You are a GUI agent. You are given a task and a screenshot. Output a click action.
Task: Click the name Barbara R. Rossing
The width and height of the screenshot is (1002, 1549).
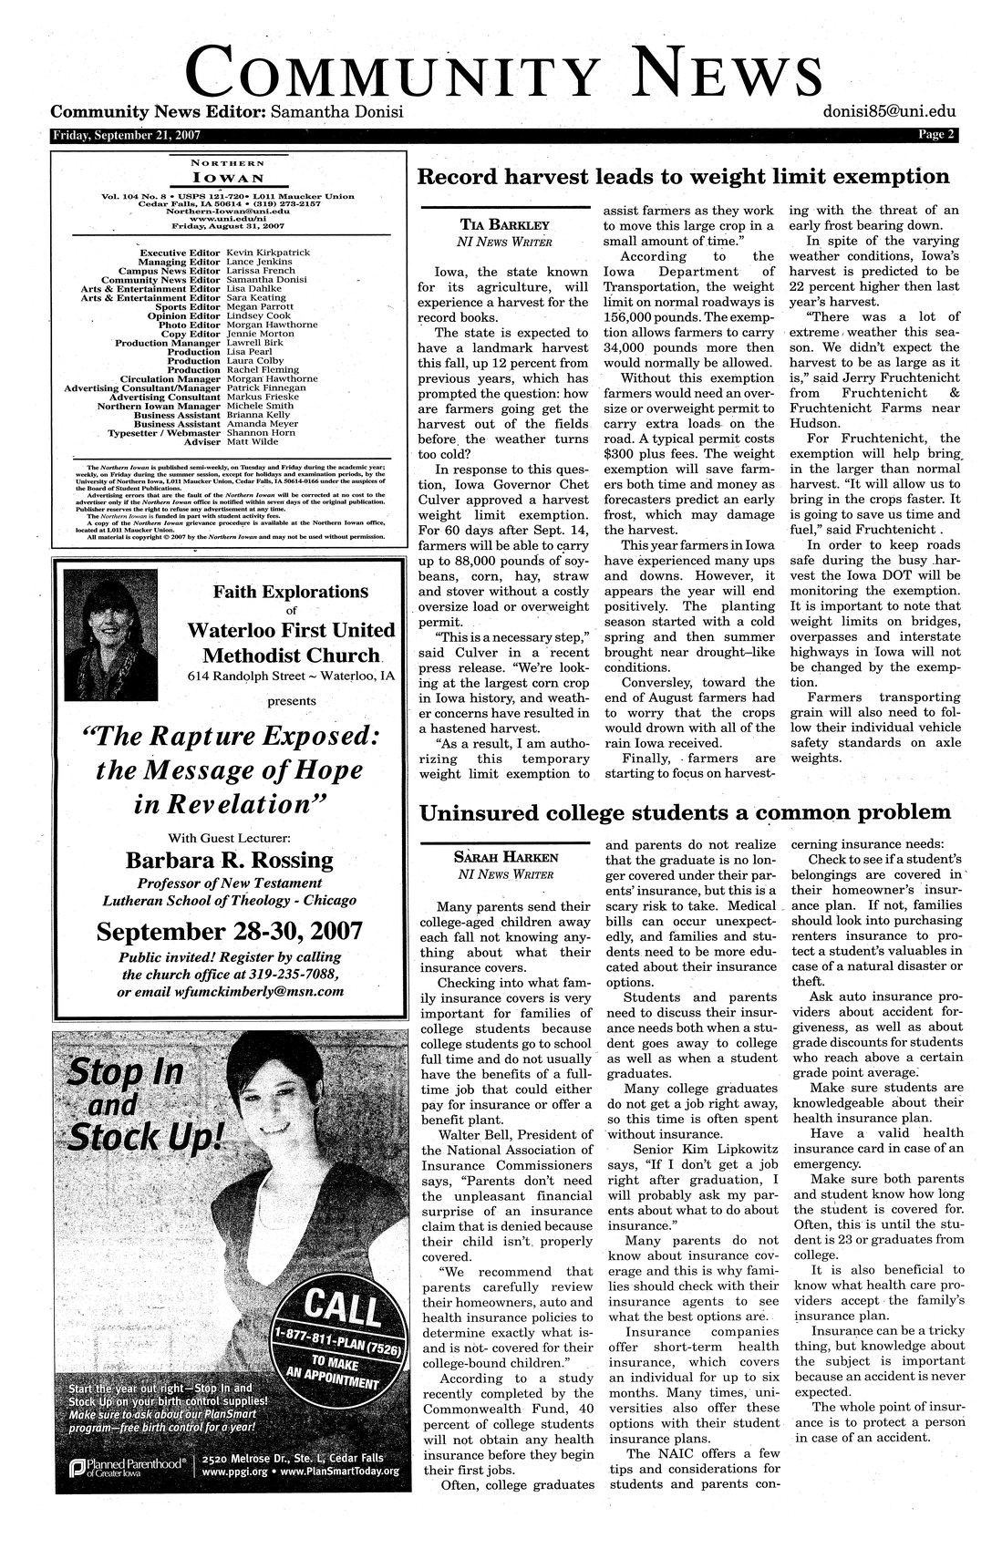tap(229, 860)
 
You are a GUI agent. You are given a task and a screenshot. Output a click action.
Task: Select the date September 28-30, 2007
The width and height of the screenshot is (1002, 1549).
tap(229, 933)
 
